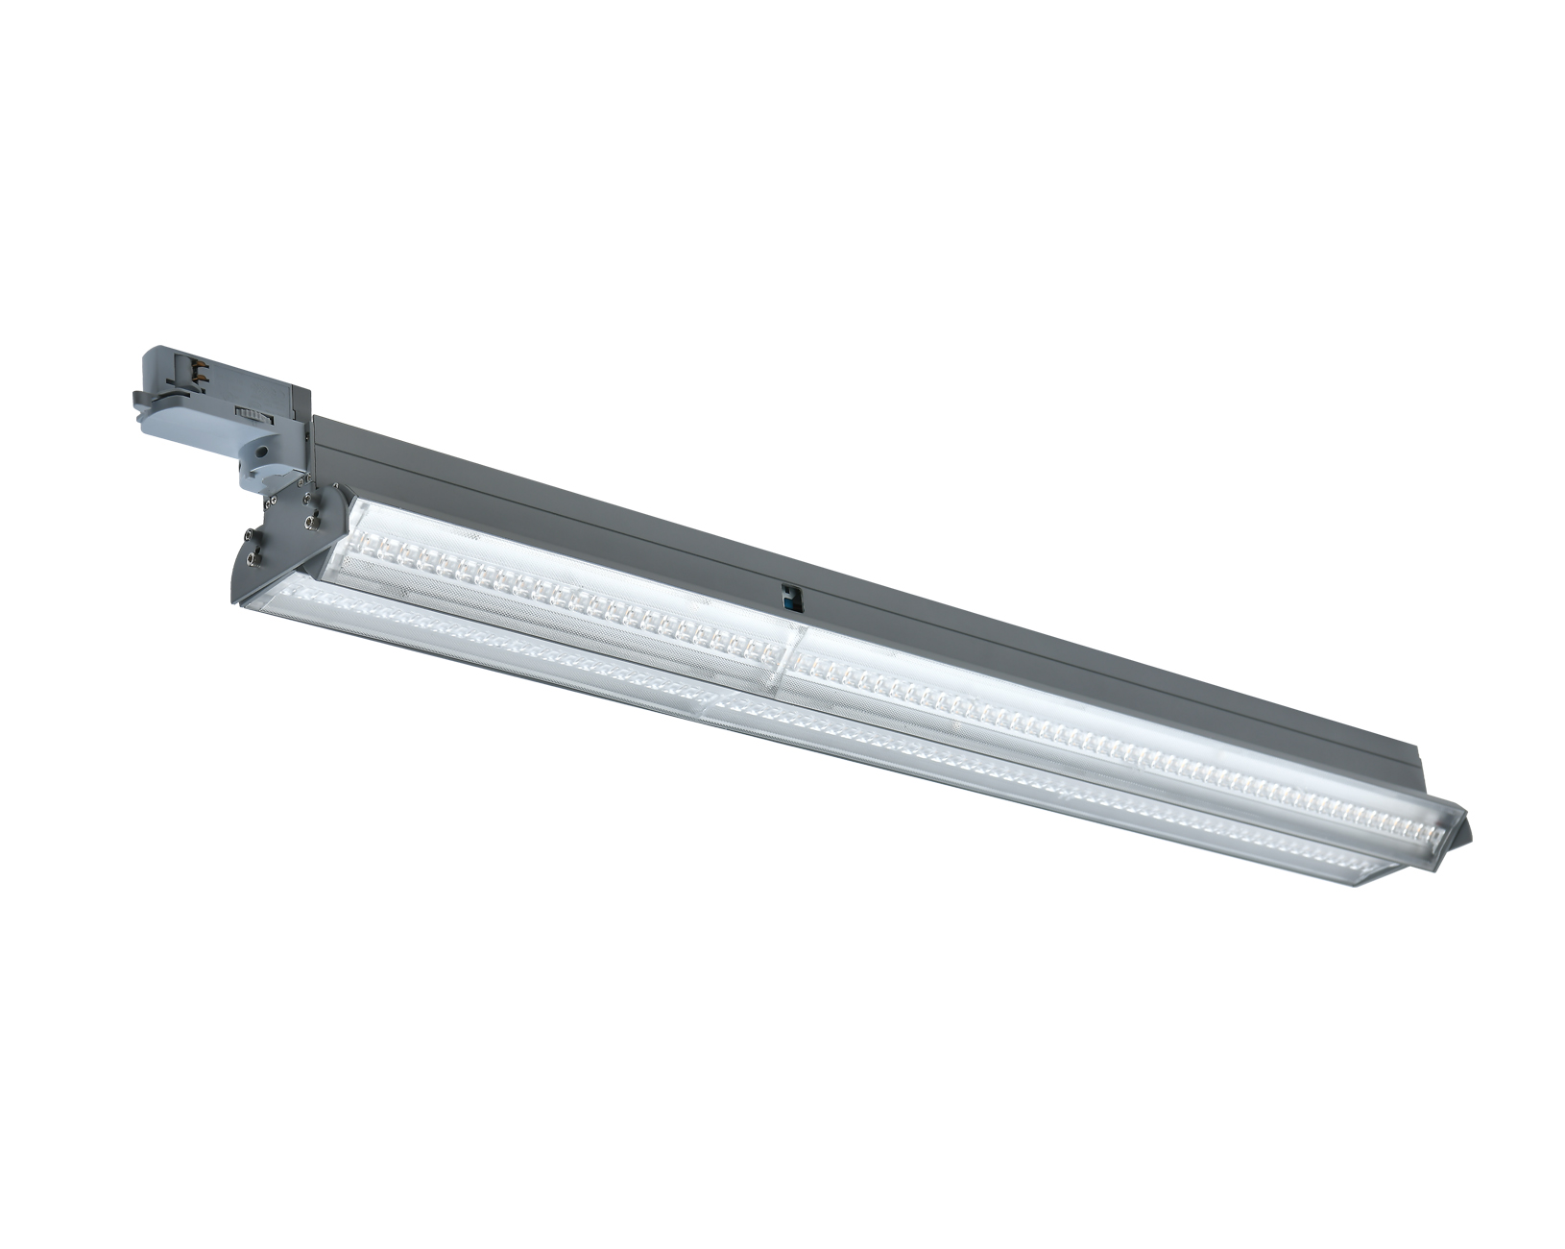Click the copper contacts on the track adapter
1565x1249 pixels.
(x=201, y=371)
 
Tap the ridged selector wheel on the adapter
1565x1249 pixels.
(x=253, y=416)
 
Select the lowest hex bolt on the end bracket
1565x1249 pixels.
(x=253, y=559)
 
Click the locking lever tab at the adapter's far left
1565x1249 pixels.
(x=140, y=397)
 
